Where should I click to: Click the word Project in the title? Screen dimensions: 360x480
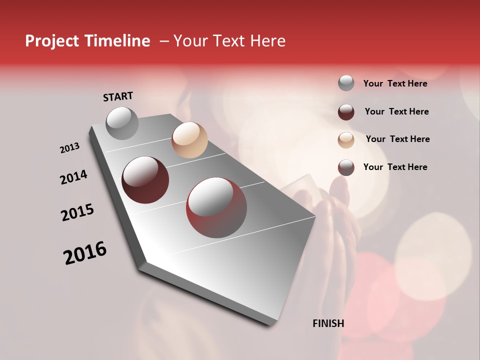[x=52, y=41]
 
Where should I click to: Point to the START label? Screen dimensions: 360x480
[x=118, y=96]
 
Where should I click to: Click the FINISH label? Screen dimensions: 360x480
[x=328, y=323]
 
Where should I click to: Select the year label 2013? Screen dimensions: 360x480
[x=70, y=148]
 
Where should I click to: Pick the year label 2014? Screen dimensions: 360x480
[x=74, y=177]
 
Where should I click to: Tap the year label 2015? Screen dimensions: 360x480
[x=77, y=212]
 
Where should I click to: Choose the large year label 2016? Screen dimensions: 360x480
[x=85, y=253]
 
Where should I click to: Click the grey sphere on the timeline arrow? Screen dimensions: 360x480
[x=122, y=123]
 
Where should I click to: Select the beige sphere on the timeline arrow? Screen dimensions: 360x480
[x=189, y=140]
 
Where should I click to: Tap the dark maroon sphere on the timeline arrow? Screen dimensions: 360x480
[x=145, y=180]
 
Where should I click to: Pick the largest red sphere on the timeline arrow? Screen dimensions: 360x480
[x=216, y=207]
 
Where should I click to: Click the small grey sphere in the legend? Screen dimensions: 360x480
[x=346, y=83]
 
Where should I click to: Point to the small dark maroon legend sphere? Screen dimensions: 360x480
[x=346, y=112]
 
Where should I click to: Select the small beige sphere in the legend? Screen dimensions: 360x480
[x=346, y=140]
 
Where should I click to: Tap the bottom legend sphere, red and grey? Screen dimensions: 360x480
[x=346, y=167]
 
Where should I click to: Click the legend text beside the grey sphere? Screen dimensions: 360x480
[x=395, y=83]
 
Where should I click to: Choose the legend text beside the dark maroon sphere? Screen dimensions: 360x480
[x=396, y=111]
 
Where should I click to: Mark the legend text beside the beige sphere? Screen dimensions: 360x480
[x=397, y=139]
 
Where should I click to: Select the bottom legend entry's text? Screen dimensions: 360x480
[x=395, y=167]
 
